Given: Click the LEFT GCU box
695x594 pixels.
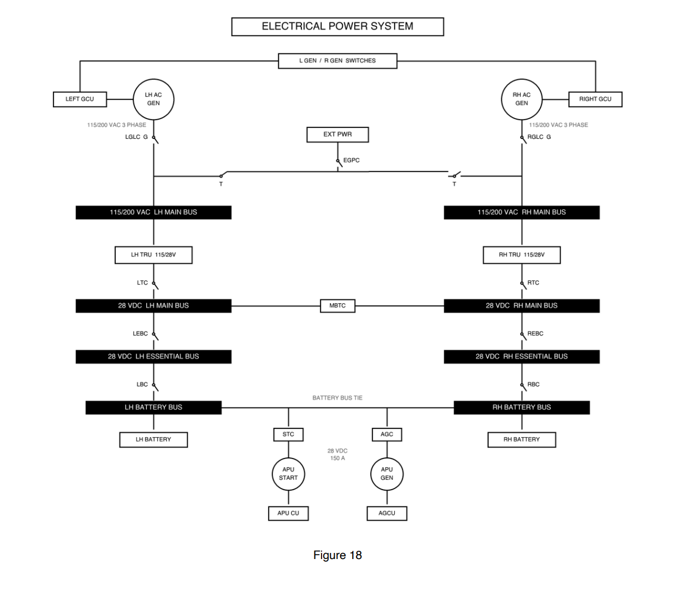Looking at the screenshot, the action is pyautogui.click(x=80, y=99).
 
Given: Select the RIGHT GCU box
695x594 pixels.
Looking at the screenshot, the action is pyautogui.click(x=595, y=99).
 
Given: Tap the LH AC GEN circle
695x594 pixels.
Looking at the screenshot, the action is pyautogui.click(x=153, y=99).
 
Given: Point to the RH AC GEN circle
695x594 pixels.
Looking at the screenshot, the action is pyautogui.click(x=521, y=99).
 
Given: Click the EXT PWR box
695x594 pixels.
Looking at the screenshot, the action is pyautogui.click(x=337, y=134).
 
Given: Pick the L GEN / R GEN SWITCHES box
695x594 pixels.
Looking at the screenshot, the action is pyautogui.click(x=337, y=61).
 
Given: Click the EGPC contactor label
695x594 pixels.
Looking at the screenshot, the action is pyautogui.click(x=352, y=160).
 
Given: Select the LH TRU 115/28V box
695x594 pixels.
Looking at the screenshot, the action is pyautogui.click(x=153, y=255).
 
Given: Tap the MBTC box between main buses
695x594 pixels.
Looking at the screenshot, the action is pyautogui.click(x=337, y=306).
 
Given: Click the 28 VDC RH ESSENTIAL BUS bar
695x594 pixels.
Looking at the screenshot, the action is pyautogui.click(x=521, y=357).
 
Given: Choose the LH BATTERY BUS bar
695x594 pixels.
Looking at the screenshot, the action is pyautogui.click(x=153, y=408).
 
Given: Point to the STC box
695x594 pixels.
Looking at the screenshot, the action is pyautogui.click(x=288, y=434).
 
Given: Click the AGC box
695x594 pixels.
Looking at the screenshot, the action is pyautogui.click(x=387, y=434).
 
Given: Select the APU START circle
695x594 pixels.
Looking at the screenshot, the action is pyautogui.click(x=288, y=474).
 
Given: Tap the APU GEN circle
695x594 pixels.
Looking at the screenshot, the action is pyautogui.click(x=387, y=474).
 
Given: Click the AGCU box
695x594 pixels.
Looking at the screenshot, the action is pyautogui.click(x=387, y=514).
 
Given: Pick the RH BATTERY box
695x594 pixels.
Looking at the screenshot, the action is pyautogui.click(x=521, y=440).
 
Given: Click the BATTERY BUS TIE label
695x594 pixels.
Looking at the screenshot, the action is pyautogui.click(x=337, y=398).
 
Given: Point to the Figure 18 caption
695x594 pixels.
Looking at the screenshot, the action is pyautogui.click(x=337, y=555).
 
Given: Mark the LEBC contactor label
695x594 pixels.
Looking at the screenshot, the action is pyautogui.click(x=140, y=333).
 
